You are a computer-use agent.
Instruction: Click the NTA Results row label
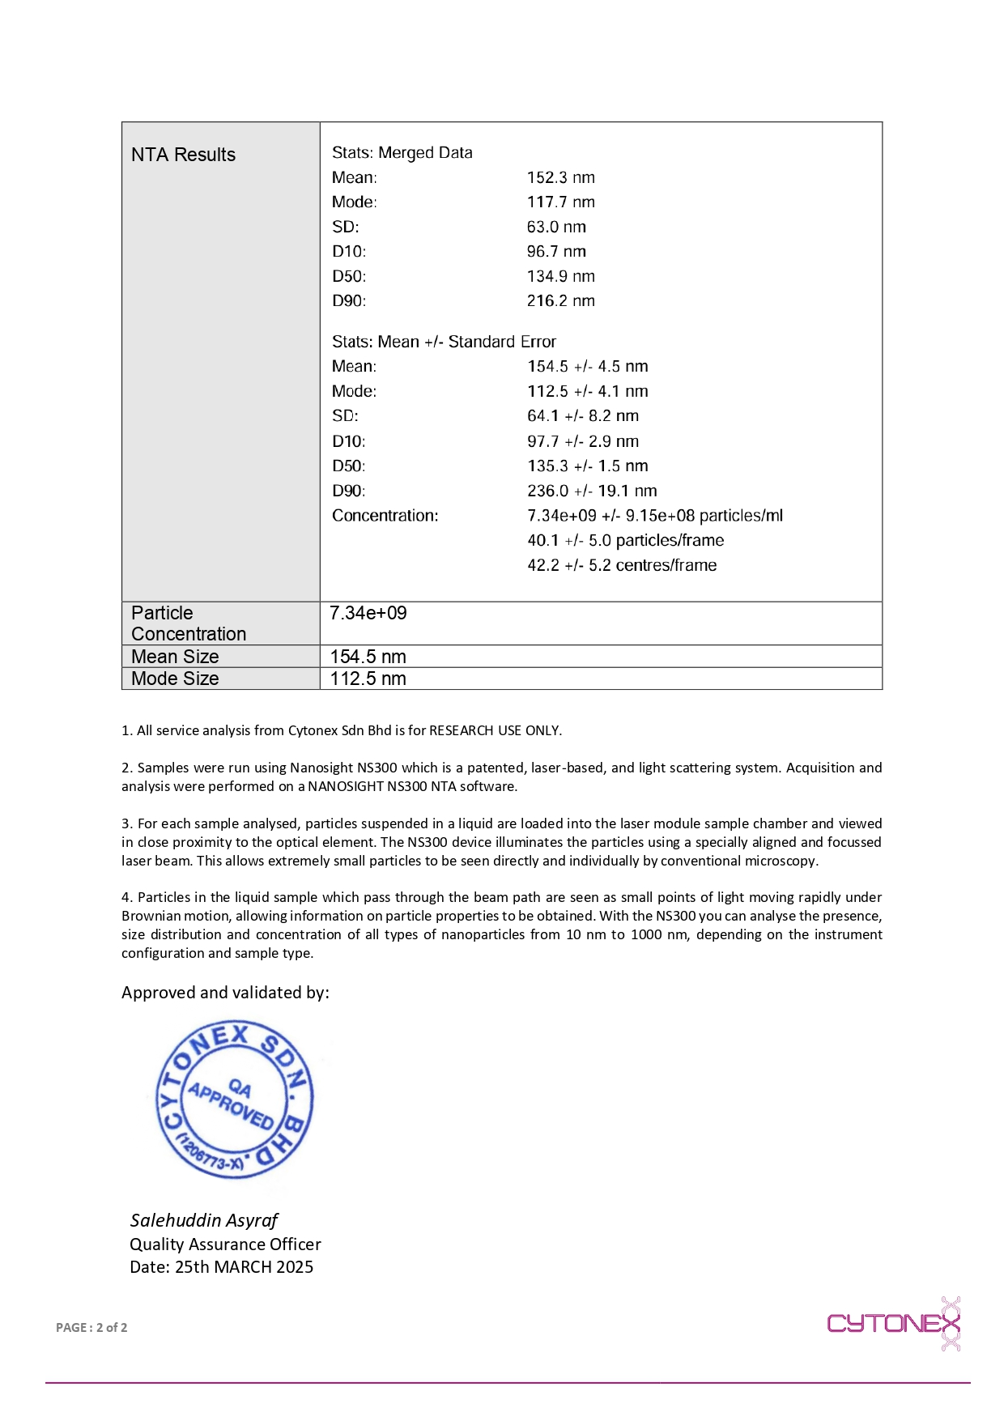[x=183, y=155]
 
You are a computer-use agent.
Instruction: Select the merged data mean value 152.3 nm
[x=560, y=177]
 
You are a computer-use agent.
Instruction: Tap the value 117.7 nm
[x=560, y=202]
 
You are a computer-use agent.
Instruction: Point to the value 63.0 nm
[x=556, y=227]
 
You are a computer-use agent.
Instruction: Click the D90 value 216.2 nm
[x=560, y=300]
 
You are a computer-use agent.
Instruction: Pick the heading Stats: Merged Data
[x=402, y=152]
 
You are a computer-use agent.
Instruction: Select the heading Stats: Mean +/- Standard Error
[x=444, y=342]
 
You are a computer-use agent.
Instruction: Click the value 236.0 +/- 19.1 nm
[x=592, y=491]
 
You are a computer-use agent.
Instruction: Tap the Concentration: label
[x=385, y=515]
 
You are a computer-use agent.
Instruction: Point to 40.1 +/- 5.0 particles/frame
[x=625, y=540]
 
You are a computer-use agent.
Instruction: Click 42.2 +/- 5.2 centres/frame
[x=622, y=565]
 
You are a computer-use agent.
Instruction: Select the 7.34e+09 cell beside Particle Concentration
[x=368, y=613]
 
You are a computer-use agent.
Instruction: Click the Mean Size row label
[x=175, y=657]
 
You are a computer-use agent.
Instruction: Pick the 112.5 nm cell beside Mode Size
[x=368, y=679]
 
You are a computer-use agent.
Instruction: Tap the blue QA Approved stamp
[x=233, y=1100]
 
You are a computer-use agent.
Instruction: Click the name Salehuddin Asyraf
[x=204, y=1220]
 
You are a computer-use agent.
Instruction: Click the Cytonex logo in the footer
[x=893, y=1323]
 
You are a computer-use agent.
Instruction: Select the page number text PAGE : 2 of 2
[x=91, y=1327]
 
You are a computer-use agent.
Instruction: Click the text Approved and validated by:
[x=225, y=993]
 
